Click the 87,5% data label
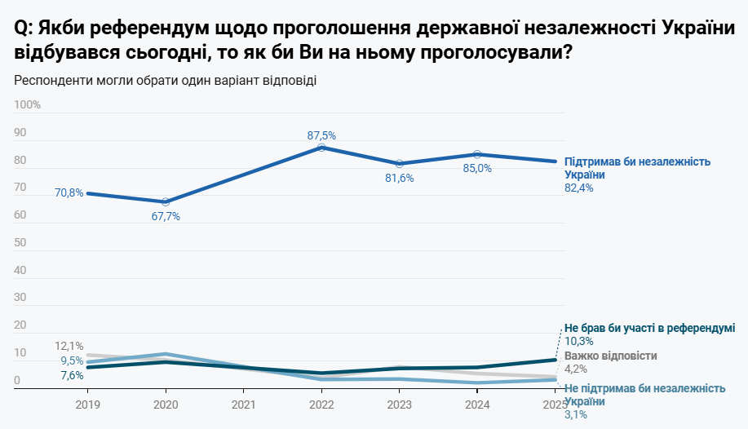[321, 135]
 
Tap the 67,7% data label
[166, 217]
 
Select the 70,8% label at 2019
[69, 193]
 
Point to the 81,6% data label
[400, 179]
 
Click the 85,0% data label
[477, 169]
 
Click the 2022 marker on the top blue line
[321, 147]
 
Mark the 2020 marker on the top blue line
[166, 201]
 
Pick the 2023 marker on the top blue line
[400, 164]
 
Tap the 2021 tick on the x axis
[244, 404]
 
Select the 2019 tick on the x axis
[87, 404]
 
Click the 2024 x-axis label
[477, 404]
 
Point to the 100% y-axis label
[28, 105]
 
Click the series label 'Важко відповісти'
[610, 356]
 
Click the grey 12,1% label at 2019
[69, 347]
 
